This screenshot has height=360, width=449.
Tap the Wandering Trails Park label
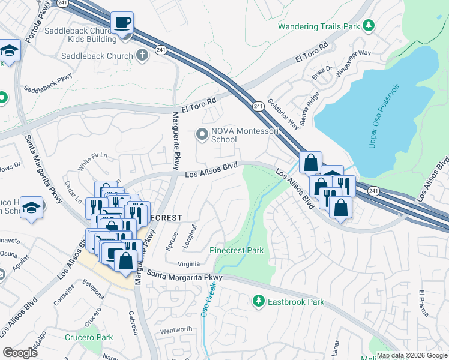(x=319, y=26)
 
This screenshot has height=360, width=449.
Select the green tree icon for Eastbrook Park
(x=259, y=300)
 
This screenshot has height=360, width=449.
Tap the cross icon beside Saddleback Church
(x=142, y=56)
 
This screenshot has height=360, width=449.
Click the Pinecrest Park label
(x=237, y=250)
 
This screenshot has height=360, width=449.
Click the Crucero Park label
(x=89, y=337)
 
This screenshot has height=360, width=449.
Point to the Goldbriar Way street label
(x=283, y=114)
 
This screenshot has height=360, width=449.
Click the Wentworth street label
(x=176, y=329)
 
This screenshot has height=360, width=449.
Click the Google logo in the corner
(x=20, y=352)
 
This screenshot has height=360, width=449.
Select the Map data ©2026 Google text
(x=411, y=355)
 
